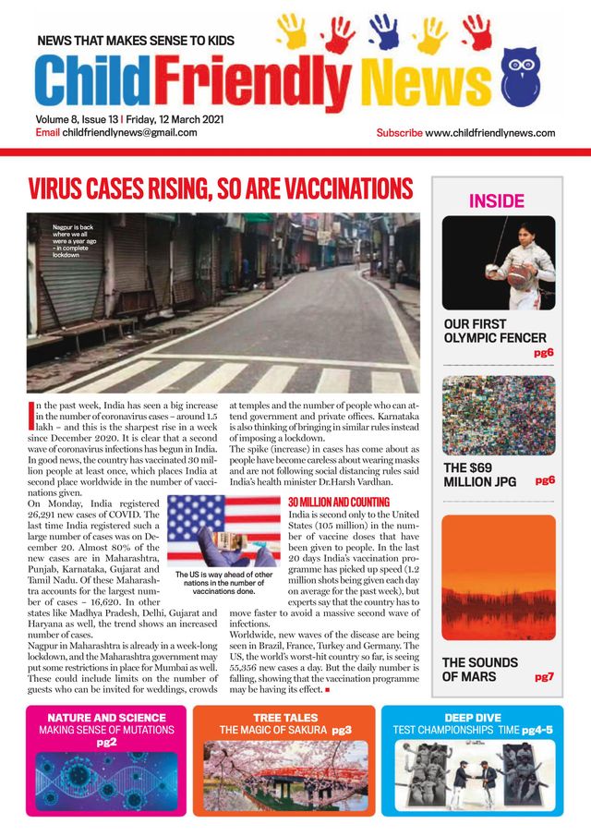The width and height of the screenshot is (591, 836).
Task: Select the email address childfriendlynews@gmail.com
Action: pyautogui.click(x=129, y=132)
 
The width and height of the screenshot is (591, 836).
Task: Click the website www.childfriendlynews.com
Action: pyautogui.click(x=490, y=133)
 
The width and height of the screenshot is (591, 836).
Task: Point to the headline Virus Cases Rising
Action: pyautogui.click(x=220, y=189)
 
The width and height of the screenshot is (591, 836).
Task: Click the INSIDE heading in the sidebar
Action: pyautogui.click(x=497, y=200)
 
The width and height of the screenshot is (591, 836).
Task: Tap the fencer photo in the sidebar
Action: pyautogui.click(x=499, y=262)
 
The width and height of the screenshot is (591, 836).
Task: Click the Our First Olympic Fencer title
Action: pyautogui.click(x=495, y=332)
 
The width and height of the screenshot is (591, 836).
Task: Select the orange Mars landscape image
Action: pyautogui.click(x=499, y=578)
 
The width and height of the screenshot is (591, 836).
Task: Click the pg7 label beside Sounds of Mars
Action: pyautogui.click(x=544, y=677)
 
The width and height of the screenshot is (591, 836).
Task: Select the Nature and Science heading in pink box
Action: pyautogui.click(x=106, y=717)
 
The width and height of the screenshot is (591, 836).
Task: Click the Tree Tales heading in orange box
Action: pyautogui.click(x=285, y=717)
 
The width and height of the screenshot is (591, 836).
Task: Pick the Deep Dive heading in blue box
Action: pyautogui.click(x=472, y=717)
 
